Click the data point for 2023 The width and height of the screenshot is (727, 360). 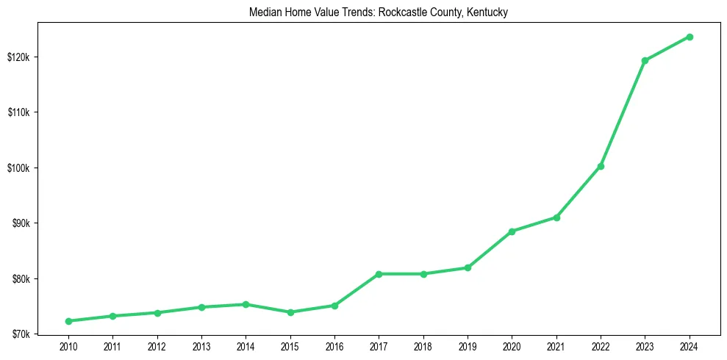(645, 60)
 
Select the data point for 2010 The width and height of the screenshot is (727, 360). (68, 321)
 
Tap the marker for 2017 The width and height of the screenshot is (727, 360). (379, 274)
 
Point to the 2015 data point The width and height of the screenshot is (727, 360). (290, 312)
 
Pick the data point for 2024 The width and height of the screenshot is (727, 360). (690, 37)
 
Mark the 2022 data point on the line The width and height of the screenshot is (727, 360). (601, 166)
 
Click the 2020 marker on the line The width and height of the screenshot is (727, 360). (512, 231)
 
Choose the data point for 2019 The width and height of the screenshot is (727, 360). (468, 267)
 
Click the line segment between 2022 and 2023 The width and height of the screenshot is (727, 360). (623, 113)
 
